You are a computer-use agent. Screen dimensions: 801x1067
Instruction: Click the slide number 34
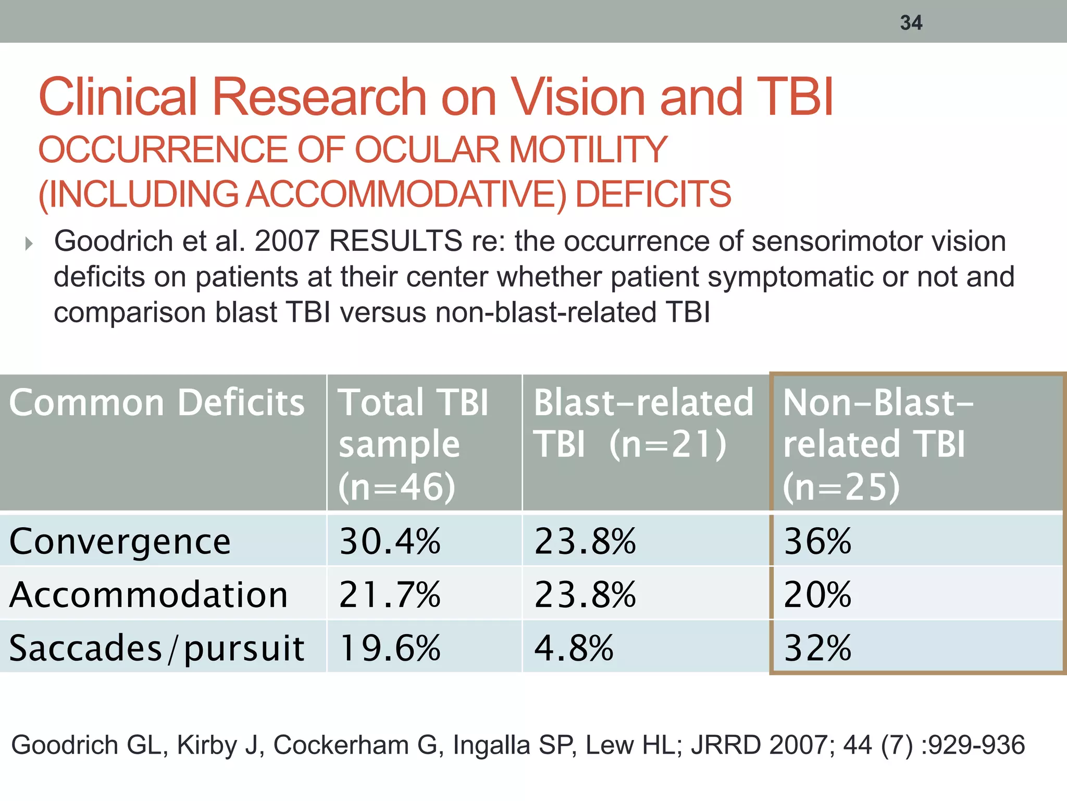911,23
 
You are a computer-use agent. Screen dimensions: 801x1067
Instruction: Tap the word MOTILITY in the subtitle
588,150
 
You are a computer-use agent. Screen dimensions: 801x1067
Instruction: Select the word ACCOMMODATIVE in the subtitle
405,194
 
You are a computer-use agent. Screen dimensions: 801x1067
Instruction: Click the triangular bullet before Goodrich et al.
29,243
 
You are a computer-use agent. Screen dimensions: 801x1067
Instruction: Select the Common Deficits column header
156,403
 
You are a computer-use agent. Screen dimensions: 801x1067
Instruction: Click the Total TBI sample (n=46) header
413,444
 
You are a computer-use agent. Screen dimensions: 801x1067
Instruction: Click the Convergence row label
120,541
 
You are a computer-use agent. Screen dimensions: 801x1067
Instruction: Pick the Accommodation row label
148,594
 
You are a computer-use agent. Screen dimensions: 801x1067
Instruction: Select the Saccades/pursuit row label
156,648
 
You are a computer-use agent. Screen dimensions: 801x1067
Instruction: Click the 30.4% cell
390,541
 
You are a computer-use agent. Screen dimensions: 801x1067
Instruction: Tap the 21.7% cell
390,594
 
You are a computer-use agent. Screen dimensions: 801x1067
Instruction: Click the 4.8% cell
574,648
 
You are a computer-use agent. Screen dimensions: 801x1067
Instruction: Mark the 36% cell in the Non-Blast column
817,541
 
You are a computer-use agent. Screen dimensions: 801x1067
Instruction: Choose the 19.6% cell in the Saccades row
390,648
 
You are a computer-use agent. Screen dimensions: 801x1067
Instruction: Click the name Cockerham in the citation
341,745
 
